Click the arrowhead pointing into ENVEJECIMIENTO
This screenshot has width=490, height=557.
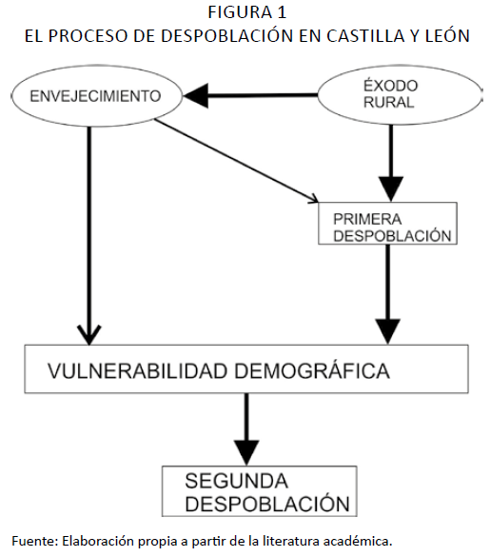tap(196, 95)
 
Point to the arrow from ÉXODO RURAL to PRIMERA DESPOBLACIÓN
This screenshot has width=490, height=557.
tap(391, 163)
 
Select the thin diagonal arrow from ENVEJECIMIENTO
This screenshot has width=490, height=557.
tap(237, 161)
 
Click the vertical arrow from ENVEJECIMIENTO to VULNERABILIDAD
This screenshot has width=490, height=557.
tap(88, 235)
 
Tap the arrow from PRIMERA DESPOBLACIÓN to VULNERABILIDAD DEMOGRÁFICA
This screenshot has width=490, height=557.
tap(388, 294)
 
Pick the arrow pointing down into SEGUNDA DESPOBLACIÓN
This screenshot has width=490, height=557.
tap(246, 429)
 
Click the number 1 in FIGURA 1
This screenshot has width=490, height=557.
tap(282, 12)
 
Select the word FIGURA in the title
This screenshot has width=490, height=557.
tap(240, 12)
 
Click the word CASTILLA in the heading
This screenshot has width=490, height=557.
tap(365, 35)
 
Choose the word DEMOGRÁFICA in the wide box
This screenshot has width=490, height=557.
tap(312, 370)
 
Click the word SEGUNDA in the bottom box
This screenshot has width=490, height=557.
tap(236, 481)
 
